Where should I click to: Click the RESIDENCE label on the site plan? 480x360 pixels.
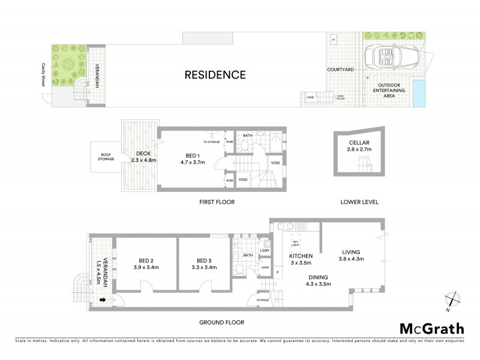(215, 75)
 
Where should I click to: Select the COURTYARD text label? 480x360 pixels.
(340, 70)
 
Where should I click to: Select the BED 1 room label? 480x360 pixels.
(193, 157)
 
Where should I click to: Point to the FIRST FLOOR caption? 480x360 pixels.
(218, 202)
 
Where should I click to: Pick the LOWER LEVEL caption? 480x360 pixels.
(359, 202)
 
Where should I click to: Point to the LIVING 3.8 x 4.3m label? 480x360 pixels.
(353, 256)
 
